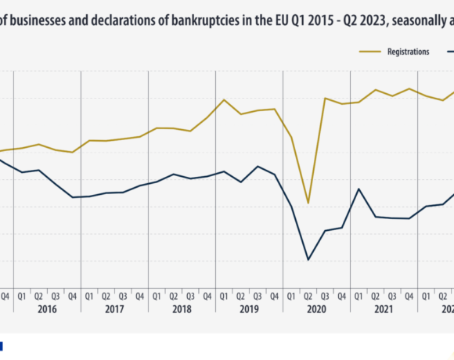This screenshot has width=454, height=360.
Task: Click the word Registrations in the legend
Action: click(x=408, y=52)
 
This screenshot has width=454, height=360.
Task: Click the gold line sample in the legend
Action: click(x=371, y=52)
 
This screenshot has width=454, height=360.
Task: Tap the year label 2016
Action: click(x=46, y=309)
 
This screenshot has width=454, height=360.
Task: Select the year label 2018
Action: click(x=182, y=309)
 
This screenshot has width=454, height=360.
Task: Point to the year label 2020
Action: click(x=316, y=309)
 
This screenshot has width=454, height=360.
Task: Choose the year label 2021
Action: click(x=384, y=309)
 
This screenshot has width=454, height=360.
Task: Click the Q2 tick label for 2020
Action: click(x=308, y=295)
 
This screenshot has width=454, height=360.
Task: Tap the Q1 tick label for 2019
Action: click(x=224, y=295)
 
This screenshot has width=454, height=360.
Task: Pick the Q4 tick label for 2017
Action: click(x=140, y=295)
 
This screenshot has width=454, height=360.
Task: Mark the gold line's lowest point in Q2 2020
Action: click(x=308, y=203)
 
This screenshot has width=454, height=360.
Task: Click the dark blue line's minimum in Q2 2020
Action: click(x=308, y=260)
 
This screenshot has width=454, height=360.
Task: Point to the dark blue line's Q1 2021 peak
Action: click(x=359, y=189)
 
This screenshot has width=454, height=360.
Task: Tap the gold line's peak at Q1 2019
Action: click(x=224, y=99)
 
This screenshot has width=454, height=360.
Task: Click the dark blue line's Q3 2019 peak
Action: click(x=258, y=166)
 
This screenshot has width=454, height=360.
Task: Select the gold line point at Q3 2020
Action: click(x=325, y=98)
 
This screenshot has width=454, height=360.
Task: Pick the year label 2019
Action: click(x=249, y=309)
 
